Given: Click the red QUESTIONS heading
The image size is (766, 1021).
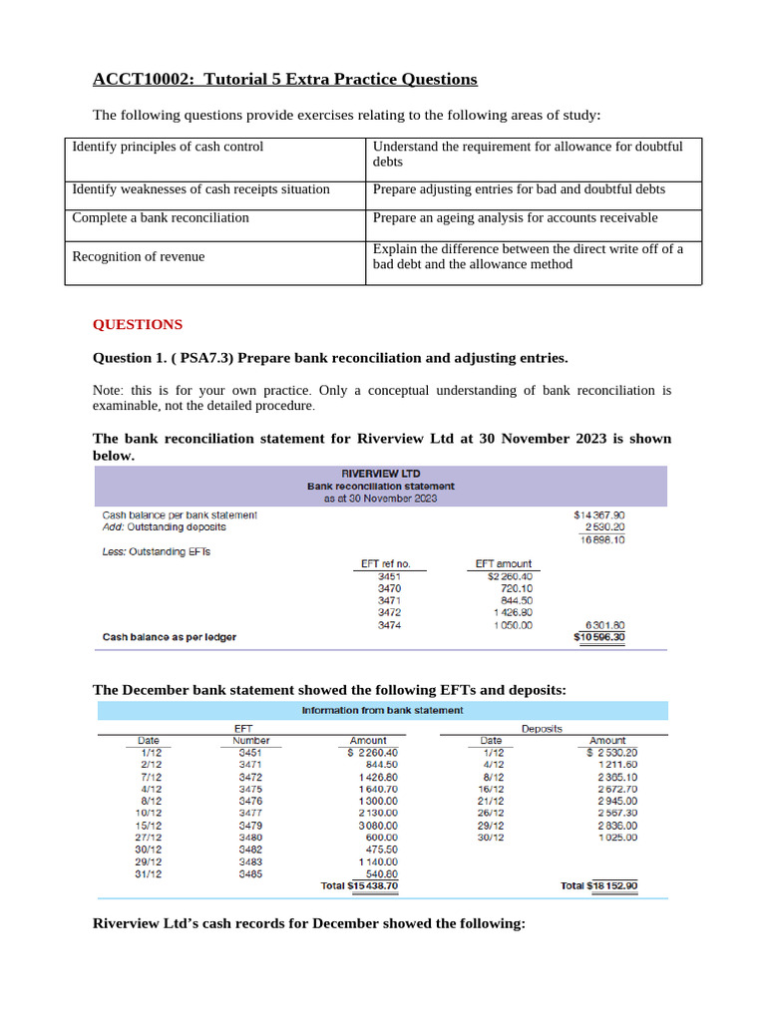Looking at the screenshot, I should pyautogui.click(x=138, y=324).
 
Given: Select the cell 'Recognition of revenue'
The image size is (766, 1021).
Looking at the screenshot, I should pyautogui.click(x=139, y=257).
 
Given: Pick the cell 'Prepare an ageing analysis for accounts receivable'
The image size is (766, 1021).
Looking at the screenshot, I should pyautogui.click(x=516, y=217).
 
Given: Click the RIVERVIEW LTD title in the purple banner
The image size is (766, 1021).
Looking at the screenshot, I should pyautogui.click(x=381, y=473).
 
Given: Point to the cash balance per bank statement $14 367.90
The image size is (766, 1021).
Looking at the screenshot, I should pyautogui.click(x=599, y=514).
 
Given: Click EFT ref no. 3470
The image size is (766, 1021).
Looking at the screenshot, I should pyautogui.click(x=391, y=588).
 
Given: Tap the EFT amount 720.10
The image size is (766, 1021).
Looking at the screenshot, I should pyautogui.click(x=514, y=588).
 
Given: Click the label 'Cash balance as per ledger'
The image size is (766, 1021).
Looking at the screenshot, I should pyautogui.click(x=170, y=636).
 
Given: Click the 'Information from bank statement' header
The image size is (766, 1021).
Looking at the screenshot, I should pyautogui.click(x=382, y=710).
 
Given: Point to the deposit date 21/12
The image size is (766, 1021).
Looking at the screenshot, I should pyautogui.click(x=491, y=801).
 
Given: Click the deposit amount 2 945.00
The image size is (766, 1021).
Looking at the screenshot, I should pyautogui.click(x=616, y=801).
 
